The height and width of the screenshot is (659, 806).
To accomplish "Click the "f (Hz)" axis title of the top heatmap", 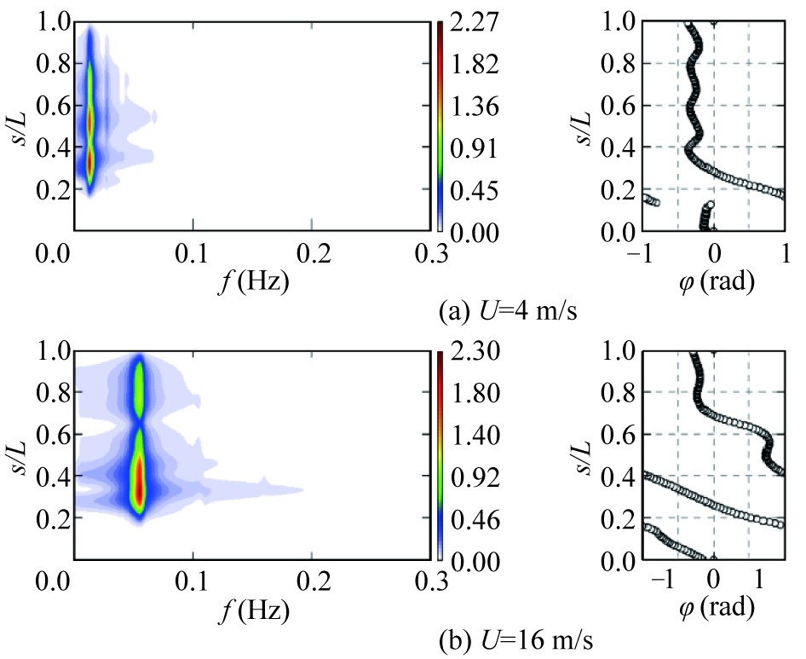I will pos(252,282).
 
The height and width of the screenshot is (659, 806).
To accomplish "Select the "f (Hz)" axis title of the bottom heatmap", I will pos(252,611).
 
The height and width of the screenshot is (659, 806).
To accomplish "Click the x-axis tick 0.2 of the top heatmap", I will pos(311,254).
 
